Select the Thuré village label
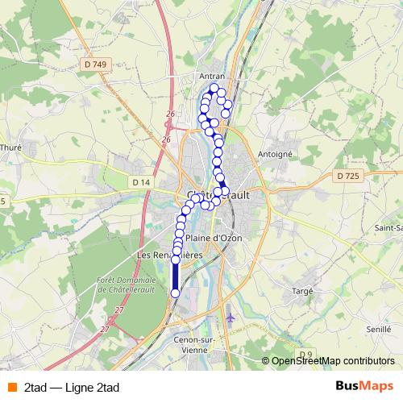pos(10,147)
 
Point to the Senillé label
pos(378,330)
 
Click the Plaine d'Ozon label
pos(214,239)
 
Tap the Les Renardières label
pos(169,255)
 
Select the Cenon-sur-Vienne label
pos(197,345)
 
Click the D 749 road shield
pos(94,64)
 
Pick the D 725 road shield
pos(347,175)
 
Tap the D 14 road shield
pos(141,183)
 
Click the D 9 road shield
pos(305,355)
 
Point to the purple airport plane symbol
pos(232,317)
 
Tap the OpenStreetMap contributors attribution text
pos(332,361)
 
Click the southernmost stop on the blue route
pos(175,293)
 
